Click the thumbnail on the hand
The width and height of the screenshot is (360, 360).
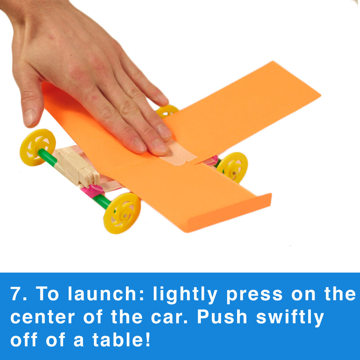[x=30, y=117]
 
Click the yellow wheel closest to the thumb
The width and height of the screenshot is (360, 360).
[x=38, y=148]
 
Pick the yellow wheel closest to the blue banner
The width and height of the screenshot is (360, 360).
[x=122, y=213]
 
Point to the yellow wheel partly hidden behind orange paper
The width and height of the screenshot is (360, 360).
[x=167, y=111]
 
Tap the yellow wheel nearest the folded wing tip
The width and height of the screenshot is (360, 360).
[x=232, y=167]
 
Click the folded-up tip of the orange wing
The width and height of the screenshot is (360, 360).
[x=229, y=212]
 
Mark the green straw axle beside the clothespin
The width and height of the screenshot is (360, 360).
[x=47, y=157]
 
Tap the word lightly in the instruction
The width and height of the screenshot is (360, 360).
[x=185, y=295]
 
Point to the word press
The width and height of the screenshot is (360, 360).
[x=254, y=296]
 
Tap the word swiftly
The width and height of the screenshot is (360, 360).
[x=290, y=318]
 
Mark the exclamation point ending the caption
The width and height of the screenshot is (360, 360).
[x=147, y=339]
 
